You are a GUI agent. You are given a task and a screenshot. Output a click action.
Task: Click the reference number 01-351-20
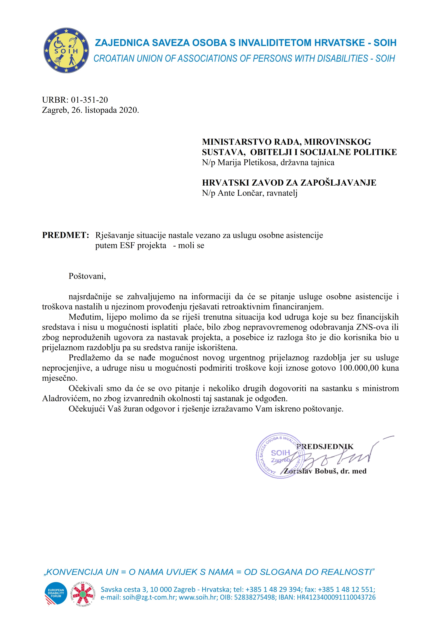click(x=89, y=100)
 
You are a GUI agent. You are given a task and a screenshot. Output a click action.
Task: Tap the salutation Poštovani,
click(x=87, y=276)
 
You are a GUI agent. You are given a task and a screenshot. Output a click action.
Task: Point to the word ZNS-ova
click(x=372, y=327)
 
